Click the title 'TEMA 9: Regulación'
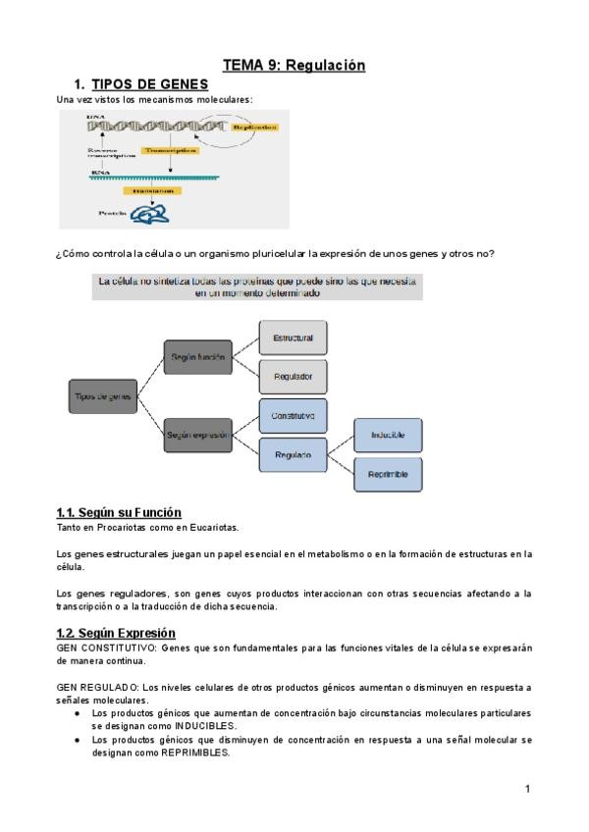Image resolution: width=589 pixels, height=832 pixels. (x=294, y=66)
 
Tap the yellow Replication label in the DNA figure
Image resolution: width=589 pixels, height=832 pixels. (x=254, y=128)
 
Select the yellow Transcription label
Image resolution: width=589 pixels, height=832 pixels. (x=169, y=151)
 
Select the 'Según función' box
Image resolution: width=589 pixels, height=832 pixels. (x=197, y=358)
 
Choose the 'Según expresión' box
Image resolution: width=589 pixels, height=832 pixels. (x=197, y=434)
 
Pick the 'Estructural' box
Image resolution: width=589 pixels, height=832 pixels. (x=293, y=338)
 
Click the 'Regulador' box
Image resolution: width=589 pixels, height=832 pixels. (x=293, y=377)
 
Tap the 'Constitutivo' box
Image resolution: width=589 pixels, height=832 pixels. (x=293, y=416)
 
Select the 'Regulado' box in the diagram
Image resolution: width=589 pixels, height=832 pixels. (x=293, y=455)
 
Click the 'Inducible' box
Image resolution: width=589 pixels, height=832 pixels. (x=388, y=434)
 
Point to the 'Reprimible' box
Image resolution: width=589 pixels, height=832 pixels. (x=388, y=474)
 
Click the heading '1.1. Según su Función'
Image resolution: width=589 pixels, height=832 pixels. (x=119, y=512)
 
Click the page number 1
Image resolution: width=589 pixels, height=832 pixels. (x=527, y=788)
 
